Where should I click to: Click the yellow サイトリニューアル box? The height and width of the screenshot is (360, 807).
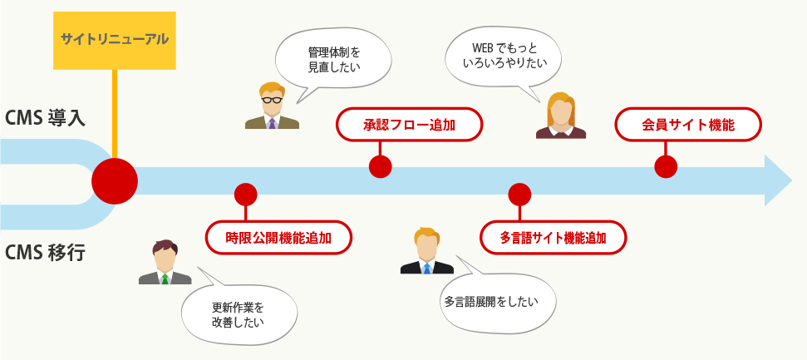[x=114, y=40]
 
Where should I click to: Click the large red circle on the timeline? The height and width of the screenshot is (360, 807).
[x=115, y=180]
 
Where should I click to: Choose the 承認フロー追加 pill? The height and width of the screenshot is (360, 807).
[x=409, y=126]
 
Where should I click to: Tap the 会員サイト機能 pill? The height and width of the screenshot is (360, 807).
[x=688, y=126]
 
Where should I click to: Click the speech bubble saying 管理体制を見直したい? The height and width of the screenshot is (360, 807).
[x=333, y=59]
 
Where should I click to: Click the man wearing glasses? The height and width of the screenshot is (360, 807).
[x=272, y=106]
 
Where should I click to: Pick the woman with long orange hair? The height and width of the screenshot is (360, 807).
[x=560, y=115]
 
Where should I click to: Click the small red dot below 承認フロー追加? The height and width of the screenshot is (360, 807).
[x=380, y=166]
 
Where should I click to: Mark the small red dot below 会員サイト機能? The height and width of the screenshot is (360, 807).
[x=666, y=166]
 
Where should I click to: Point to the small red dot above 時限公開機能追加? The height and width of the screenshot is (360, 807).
[x=245, y=195]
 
